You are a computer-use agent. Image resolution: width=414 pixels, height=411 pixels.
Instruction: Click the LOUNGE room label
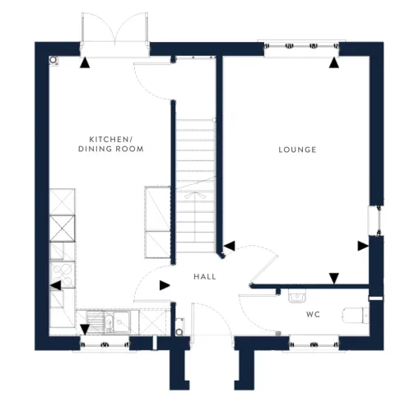(x=297, y=150)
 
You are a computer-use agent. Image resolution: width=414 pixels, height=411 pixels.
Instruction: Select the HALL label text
(x=205, y=277)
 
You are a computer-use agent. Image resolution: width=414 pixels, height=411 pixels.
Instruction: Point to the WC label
(x=313, y=315)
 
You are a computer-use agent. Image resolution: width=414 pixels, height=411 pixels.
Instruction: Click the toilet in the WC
(x=355, y=315)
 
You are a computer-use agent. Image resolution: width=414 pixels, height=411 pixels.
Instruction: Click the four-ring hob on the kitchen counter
(x=62, y=274)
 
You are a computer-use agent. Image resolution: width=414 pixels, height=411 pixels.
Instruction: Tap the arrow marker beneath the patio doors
(x=84, y=62)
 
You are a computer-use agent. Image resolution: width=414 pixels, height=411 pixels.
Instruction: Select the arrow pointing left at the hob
(x=55, y=286)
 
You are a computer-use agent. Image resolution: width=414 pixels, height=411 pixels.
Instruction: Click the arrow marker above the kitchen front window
(x=84, y=330)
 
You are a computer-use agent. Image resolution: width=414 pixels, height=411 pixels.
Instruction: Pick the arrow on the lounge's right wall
(x=363, y=245)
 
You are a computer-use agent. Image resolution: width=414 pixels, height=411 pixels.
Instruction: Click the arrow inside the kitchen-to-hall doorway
(x=165, y=285)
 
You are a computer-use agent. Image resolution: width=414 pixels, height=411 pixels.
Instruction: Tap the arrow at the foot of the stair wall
(x=230, y=245)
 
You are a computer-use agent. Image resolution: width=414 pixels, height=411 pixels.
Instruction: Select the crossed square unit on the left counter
(x=62, y=226)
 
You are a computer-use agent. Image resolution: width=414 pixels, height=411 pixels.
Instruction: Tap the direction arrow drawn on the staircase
(x=198, y=197)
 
